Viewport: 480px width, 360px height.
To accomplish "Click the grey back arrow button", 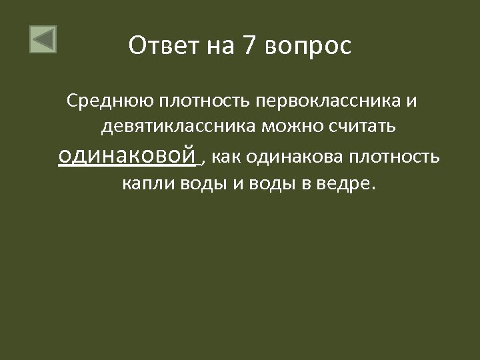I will coord(43,39).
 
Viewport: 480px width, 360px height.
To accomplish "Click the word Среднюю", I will coord(110,102).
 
